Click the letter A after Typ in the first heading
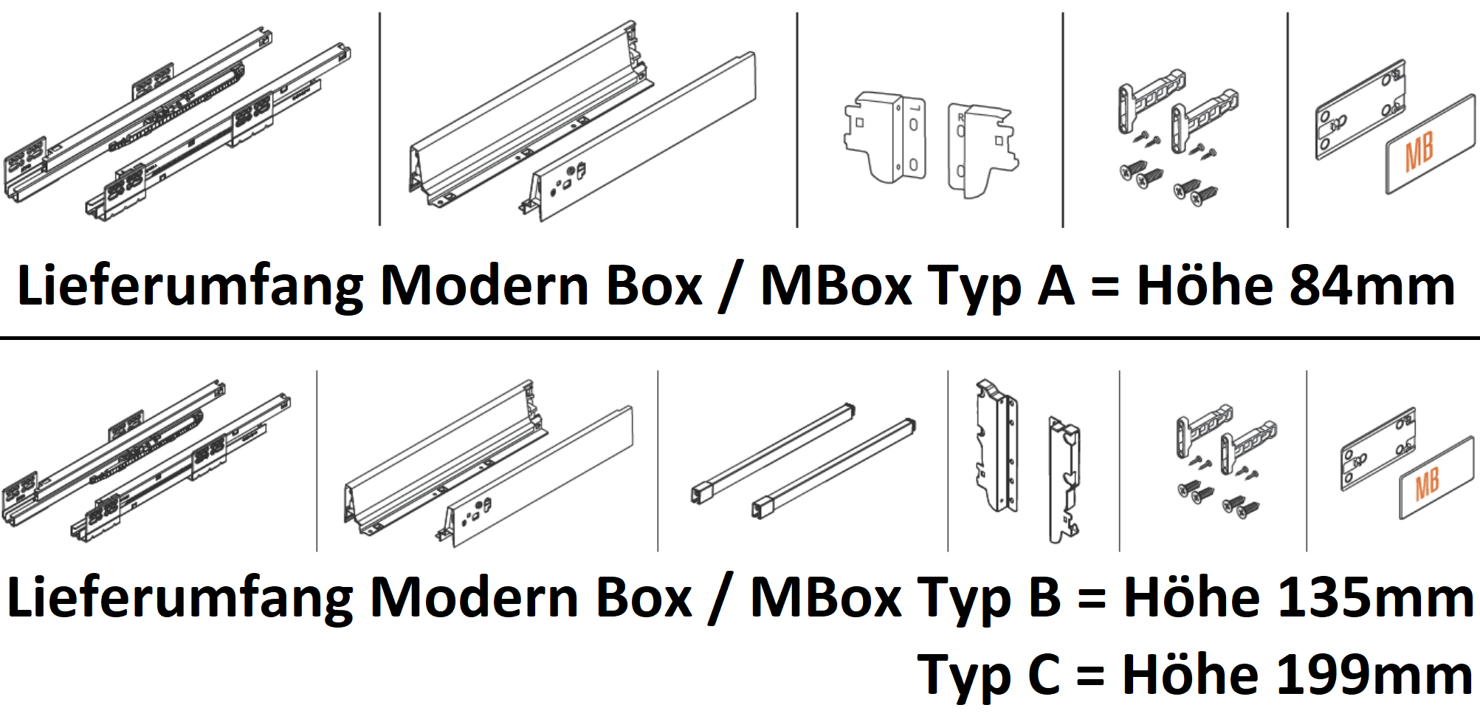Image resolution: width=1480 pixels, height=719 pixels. click(x=1056, y=285)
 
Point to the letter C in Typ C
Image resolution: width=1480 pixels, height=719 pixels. click(x=1043, y=675)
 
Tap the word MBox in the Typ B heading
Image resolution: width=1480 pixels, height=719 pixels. click(x=826, y=597)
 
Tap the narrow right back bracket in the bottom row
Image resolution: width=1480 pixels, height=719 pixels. click(x=1063, y=479)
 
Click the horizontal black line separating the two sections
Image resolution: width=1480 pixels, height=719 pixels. click(x=738, y=338)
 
